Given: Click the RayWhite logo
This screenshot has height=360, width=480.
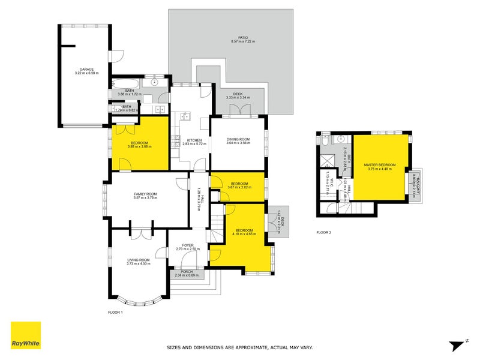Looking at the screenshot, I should [x=26, y=335].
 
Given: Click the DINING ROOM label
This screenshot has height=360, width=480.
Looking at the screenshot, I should [x=238, y=139].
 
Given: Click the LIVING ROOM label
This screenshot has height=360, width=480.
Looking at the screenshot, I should [x=138, y=259].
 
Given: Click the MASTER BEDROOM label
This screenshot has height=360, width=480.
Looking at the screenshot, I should [x=380, y=164].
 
